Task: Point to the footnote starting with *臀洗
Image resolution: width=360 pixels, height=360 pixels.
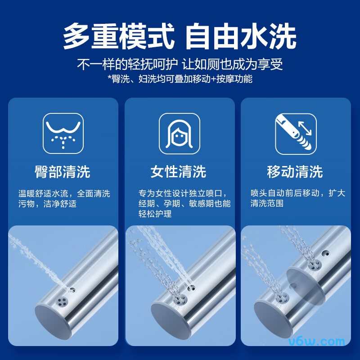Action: tap(180, 79)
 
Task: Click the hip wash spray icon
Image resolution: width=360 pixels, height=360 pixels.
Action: tap(63, 134)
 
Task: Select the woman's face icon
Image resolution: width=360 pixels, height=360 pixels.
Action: tap(180, 134)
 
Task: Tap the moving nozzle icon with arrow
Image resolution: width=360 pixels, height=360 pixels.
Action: tap(296, 134)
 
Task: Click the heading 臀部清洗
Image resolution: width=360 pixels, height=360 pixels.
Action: tap(63, 171)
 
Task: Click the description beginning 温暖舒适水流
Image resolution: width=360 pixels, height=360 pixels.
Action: tap(64, 198)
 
